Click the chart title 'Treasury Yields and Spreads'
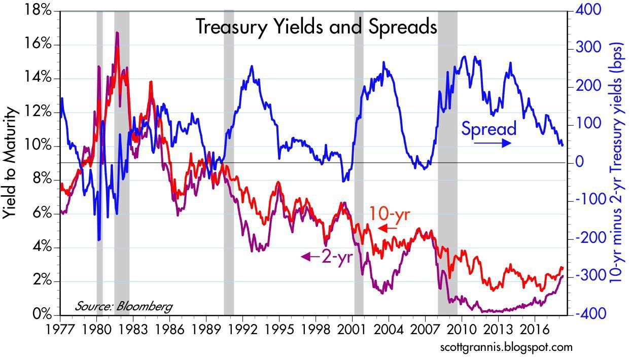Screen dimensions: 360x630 [316, 27]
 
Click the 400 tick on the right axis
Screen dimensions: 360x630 [586, 10]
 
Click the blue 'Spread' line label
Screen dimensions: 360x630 [488, 129]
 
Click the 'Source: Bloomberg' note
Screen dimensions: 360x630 [123, 306]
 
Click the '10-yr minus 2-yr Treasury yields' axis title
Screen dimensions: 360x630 [617, 162]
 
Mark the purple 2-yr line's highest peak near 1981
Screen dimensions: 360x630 [117, 32]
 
